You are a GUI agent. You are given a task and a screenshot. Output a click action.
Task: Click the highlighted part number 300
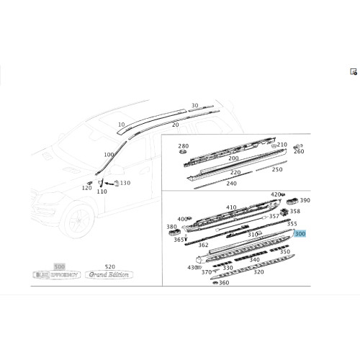(x=300, y=234)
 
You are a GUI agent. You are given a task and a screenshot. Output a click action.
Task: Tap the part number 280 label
(x=183, y=145)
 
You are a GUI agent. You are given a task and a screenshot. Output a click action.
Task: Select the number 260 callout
(x=299, y=152)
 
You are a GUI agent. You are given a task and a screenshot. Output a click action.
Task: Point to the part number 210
(x=282, y=145)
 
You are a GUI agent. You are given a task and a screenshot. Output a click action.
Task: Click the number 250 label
(x=277, y=169)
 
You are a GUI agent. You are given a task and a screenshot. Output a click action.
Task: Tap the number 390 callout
(x=305, y=201)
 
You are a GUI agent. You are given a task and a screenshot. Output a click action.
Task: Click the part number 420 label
(x=276, y=194)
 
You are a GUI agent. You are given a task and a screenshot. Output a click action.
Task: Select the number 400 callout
(x=182, y=219)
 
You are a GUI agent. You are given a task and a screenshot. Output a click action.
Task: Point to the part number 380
(x=171, y=227)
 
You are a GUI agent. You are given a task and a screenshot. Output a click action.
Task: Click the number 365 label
(x=178, y=240)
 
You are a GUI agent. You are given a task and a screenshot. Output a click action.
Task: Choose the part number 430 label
(x=192, y=267)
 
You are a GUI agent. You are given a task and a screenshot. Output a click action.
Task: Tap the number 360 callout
(x=224, y=283)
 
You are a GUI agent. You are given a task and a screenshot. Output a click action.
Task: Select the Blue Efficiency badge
(x=59, y=274)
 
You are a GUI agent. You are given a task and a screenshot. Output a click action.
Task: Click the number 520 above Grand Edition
(x=109, y=266)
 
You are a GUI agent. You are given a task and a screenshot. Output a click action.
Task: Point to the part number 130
(x=125, y=183)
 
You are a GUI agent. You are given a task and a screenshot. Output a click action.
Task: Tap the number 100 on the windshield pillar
(x=109, y=155)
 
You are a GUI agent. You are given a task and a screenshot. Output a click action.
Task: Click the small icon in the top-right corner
(x=354, y=72)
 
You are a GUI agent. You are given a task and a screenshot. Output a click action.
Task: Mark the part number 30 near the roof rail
(x=194, y=105)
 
